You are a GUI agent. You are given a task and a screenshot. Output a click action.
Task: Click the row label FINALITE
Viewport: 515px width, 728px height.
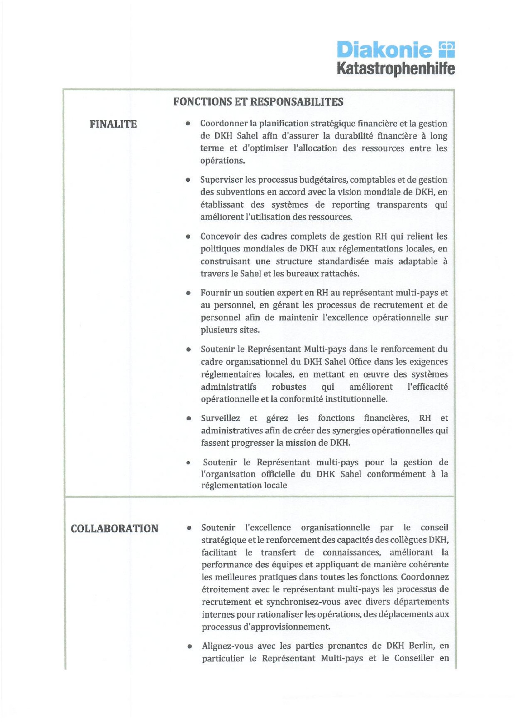pos(113,124)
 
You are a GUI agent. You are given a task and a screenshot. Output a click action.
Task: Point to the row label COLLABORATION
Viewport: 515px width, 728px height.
pos(114,528)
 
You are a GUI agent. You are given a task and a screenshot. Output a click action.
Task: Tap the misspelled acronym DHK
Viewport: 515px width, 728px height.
pos(325,474)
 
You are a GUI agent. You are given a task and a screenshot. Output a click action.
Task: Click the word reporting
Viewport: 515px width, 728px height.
pos(350,204)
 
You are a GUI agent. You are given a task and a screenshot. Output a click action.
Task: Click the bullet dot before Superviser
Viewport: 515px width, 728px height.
pos(188,180)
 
